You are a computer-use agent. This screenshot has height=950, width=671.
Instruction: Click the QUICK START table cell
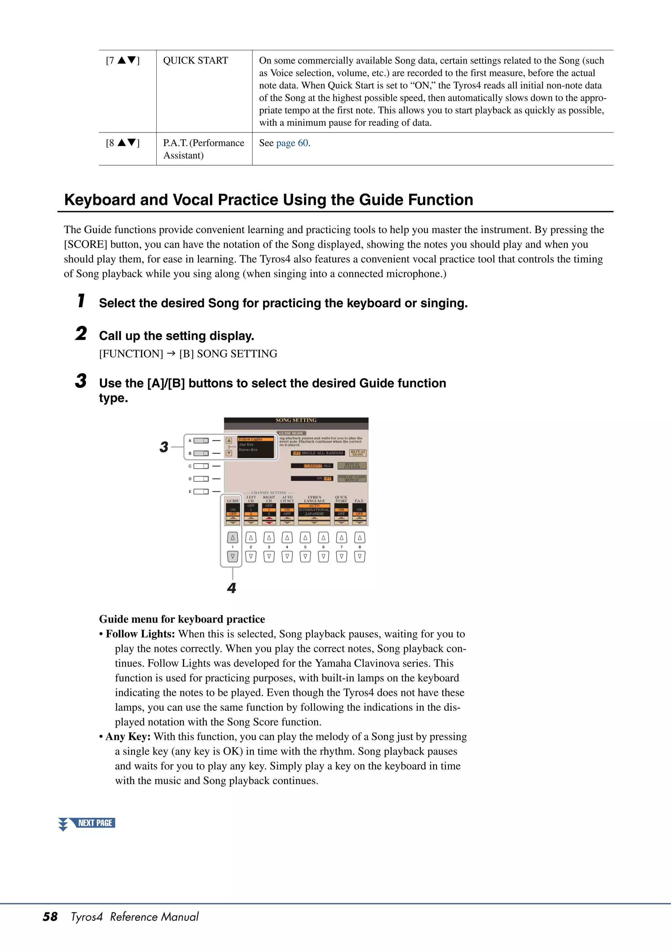[x=196, y=61]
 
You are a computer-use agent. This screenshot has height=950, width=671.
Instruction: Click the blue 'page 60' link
[x=292, y=143]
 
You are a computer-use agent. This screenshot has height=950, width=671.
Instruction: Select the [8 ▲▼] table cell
[x=123, y=143]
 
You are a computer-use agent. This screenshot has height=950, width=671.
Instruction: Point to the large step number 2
[x=81, y=334]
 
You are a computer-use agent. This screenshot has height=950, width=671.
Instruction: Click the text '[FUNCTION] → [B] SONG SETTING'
[x=188, y=354]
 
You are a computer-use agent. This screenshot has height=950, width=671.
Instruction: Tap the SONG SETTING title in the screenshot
[x=296, y=420]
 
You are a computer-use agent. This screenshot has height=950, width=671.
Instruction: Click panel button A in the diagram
[x=201, y=441]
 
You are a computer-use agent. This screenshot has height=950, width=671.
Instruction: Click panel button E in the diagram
[x=201, y=492]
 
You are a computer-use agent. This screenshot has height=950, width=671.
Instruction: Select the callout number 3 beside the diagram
[x=164, y=447]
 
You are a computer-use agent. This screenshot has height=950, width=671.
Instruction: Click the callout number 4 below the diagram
[x=232, y=588]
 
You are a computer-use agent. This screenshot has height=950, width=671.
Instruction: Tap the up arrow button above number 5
[x=305, y=537]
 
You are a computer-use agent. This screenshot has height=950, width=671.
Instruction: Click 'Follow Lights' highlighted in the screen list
[x=251, y=439]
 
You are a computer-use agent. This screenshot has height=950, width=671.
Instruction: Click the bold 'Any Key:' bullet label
[x=128, y=737]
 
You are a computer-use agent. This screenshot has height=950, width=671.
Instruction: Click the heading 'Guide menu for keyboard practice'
[x=182, y=619]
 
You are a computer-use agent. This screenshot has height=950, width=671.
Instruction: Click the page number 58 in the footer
[x=50, y=917]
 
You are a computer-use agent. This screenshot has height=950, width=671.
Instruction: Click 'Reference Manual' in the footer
[x=154, y=917]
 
